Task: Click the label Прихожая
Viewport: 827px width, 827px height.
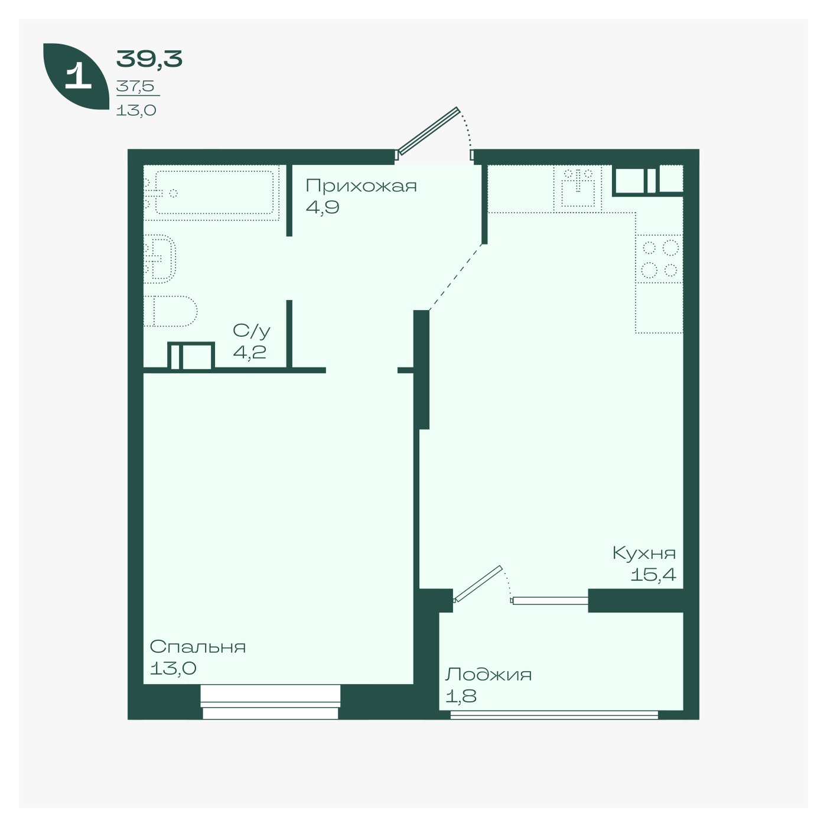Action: coord(361,186)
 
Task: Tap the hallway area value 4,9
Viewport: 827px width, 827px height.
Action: coord(323,208)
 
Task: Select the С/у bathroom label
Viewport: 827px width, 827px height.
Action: coord(252,331)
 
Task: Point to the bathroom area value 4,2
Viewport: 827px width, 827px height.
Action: coord(250,352)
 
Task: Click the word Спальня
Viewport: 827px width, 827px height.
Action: coord(198,647)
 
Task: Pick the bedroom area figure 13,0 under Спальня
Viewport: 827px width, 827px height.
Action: coord(173,668)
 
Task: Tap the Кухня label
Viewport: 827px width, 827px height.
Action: coord(644,553)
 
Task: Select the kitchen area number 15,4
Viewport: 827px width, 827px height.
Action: coord(653,575)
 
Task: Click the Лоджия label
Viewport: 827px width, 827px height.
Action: coord(489,675)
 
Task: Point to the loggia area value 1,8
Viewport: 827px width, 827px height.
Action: coord(461,696)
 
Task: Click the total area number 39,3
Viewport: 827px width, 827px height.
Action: coord(149,59)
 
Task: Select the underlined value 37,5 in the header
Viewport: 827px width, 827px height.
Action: coord(135,86)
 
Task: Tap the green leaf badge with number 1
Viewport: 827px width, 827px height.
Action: coord(76,76)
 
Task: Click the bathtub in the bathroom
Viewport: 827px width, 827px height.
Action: coord(214,193)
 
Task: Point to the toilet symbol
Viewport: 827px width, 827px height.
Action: coord(170,311)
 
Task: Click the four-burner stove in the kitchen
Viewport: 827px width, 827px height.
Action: coord(659,259)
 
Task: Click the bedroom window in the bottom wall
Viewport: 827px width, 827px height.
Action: coord(271,702)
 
